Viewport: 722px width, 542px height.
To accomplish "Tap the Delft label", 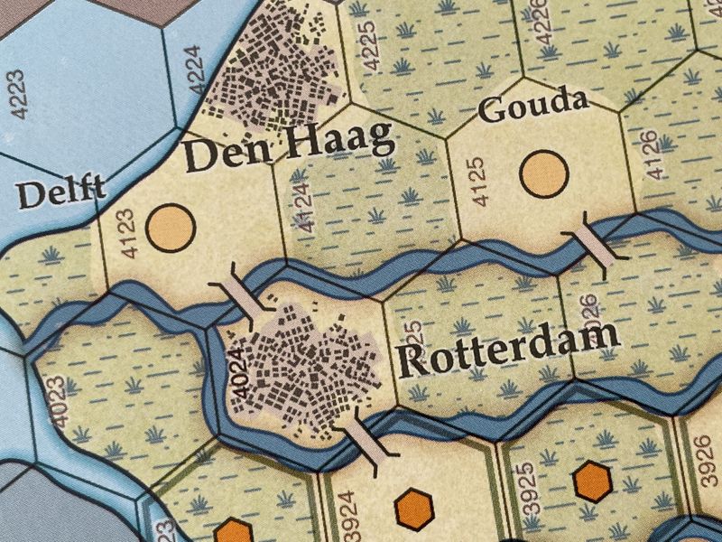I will [x=61, y=192].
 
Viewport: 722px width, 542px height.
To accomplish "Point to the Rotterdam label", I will [x=508, y=351].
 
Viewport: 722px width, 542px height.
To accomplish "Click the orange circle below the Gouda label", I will [x=544, y=171].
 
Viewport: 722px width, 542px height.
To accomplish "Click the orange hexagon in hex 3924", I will [x=414, y=508].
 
